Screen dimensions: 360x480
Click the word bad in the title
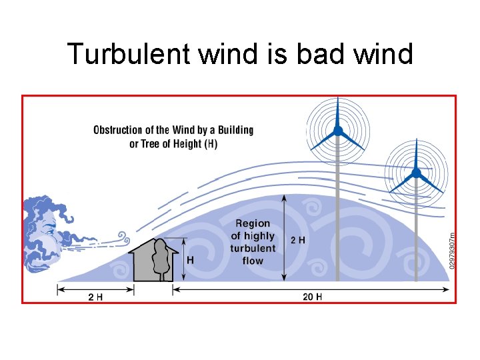point(322,54)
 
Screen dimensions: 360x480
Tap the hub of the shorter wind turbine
point(416,173)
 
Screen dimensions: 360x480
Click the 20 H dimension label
point(312,297)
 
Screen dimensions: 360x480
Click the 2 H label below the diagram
point(95,297)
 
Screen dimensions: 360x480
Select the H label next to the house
point(191,260)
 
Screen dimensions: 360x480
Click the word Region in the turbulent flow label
point(253,223)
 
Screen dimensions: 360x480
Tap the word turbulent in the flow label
point(253,248)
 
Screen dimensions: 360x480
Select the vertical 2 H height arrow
point(285,237)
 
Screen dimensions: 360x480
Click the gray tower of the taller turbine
point(338,213)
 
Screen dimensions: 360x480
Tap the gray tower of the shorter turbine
point(416,233)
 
